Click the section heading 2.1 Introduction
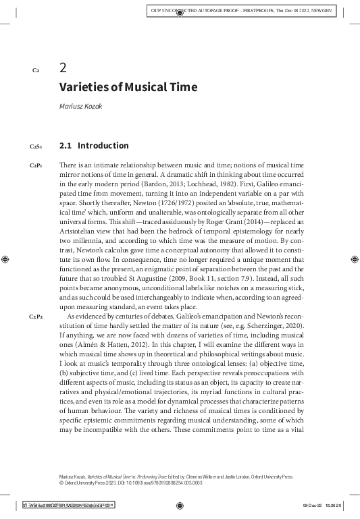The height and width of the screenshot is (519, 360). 94,145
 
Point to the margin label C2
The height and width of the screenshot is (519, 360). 36,70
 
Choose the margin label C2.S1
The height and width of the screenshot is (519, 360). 36,146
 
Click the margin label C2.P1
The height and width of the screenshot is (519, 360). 36,165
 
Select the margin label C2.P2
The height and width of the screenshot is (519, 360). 36,317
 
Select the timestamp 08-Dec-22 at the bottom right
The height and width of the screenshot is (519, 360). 315,505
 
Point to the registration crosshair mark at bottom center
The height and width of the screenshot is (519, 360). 180,505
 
